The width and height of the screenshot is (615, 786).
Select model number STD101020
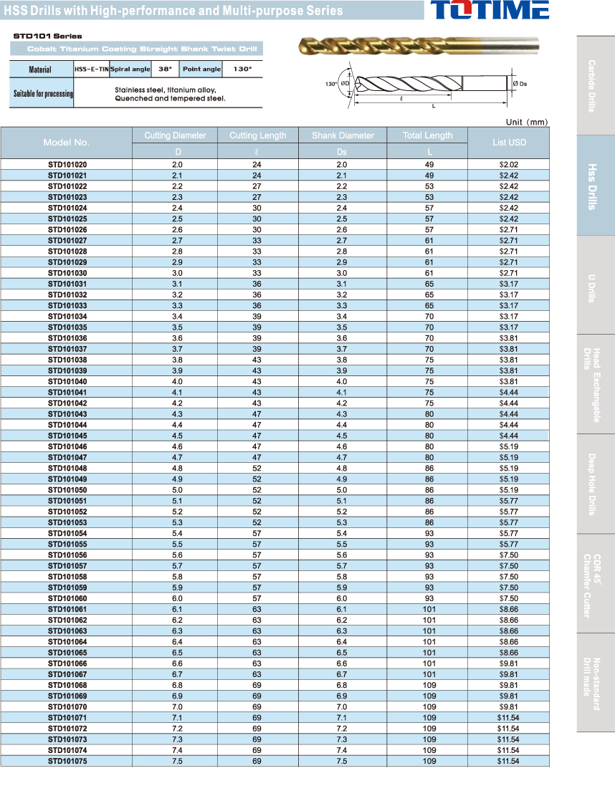coord(67,165)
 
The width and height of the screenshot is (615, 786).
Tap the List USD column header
coord(509,143)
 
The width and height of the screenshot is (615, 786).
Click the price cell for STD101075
coord(509,761)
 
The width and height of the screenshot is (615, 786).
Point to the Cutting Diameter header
coord(175,135)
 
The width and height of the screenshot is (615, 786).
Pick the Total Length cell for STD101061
coord(429,609)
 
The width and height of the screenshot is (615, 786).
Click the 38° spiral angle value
coord(166,70)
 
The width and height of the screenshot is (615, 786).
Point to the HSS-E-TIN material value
coord(91,70)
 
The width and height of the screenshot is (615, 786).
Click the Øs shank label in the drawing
coord(521,84)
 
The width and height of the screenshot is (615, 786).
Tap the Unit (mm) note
coord(526,122)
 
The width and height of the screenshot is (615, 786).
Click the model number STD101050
coord(67,490)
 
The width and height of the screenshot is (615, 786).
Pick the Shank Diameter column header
coord(343,135)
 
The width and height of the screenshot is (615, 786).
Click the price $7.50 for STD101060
coord(509,598)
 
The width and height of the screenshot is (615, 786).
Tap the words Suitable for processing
coord(42,94)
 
